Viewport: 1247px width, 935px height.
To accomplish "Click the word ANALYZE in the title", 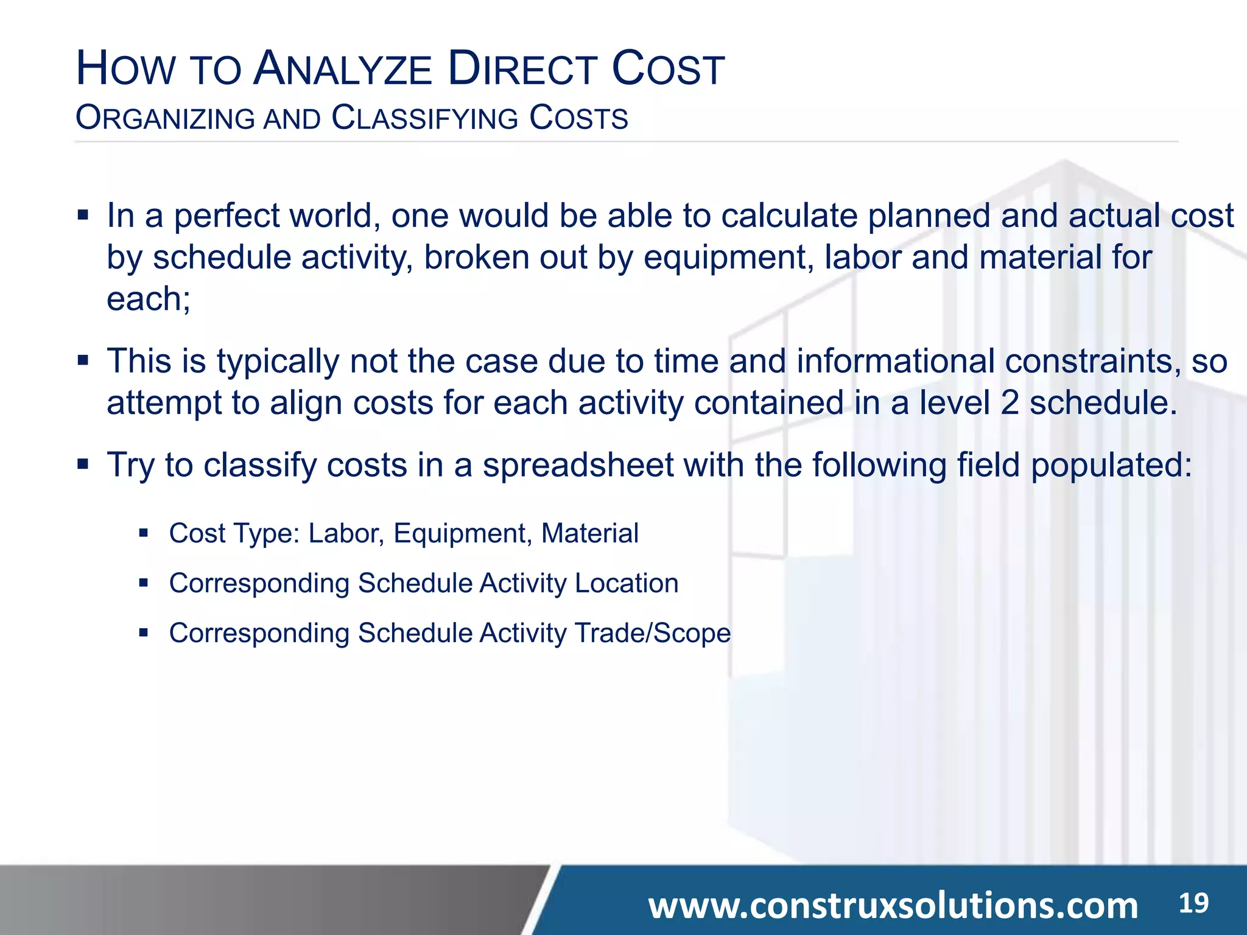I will click(343, 69).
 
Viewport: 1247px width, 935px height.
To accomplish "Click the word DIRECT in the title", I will click(521, 69).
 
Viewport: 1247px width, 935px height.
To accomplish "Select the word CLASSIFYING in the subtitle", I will click(424, 118).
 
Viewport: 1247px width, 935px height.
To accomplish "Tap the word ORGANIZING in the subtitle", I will click(165, 118).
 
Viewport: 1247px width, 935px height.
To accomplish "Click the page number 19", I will click(1193, 903).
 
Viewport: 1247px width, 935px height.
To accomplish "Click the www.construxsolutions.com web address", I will click(893, 905).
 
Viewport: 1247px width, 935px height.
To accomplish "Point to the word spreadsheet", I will click(578, 465).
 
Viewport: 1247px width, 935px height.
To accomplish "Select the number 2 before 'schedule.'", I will click(1010, 403).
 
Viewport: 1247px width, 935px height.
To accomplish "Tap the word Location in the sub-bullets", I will click(627, 583).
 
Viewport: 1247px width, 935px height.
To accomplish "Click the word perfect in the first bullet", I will click(227, 216).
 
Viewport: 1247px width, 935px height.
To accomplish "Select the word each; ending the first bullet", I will click(149, 299).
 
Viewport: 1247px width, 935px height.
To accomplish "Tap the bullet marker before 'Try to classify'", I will click(83, 465).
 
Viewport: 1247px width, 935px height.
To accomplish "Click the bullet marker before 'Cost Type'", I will click(144, 534).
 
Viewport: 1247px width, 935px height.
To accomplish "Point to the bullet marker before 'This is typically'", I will click(83, 361).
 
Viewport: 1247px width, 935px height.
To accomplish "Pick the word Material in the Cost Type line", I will click(589, 533).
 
